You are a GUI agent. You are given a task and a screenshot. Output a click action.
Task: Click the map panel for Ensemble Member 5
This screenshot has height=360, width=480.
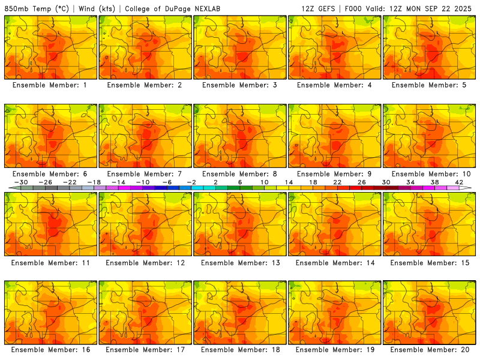430,47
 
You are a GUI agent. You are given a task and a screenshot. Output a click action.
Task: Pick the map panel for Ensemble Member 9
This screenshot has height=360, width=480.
335,136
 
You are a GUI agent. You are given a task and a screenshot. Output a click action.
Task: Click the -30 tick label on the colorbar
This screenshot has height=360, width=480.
21,182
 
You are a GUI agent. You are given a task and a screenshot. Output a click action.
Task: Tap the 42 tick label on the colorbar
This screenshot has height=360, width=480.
459,182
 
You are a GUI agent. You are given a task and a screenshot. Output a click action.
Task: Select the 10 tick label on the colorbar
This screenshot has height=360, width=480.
265,182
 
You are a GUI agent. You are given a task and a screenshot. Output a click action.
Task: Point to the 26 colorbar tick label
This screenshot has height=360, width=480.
362,182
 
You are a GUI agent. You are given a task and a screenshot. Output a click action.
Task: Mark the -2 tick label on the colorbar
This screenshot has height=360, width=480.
192,182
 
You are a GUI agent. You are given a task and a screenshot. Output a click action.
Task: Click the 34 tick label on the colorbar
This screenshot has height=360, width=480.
410,182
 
